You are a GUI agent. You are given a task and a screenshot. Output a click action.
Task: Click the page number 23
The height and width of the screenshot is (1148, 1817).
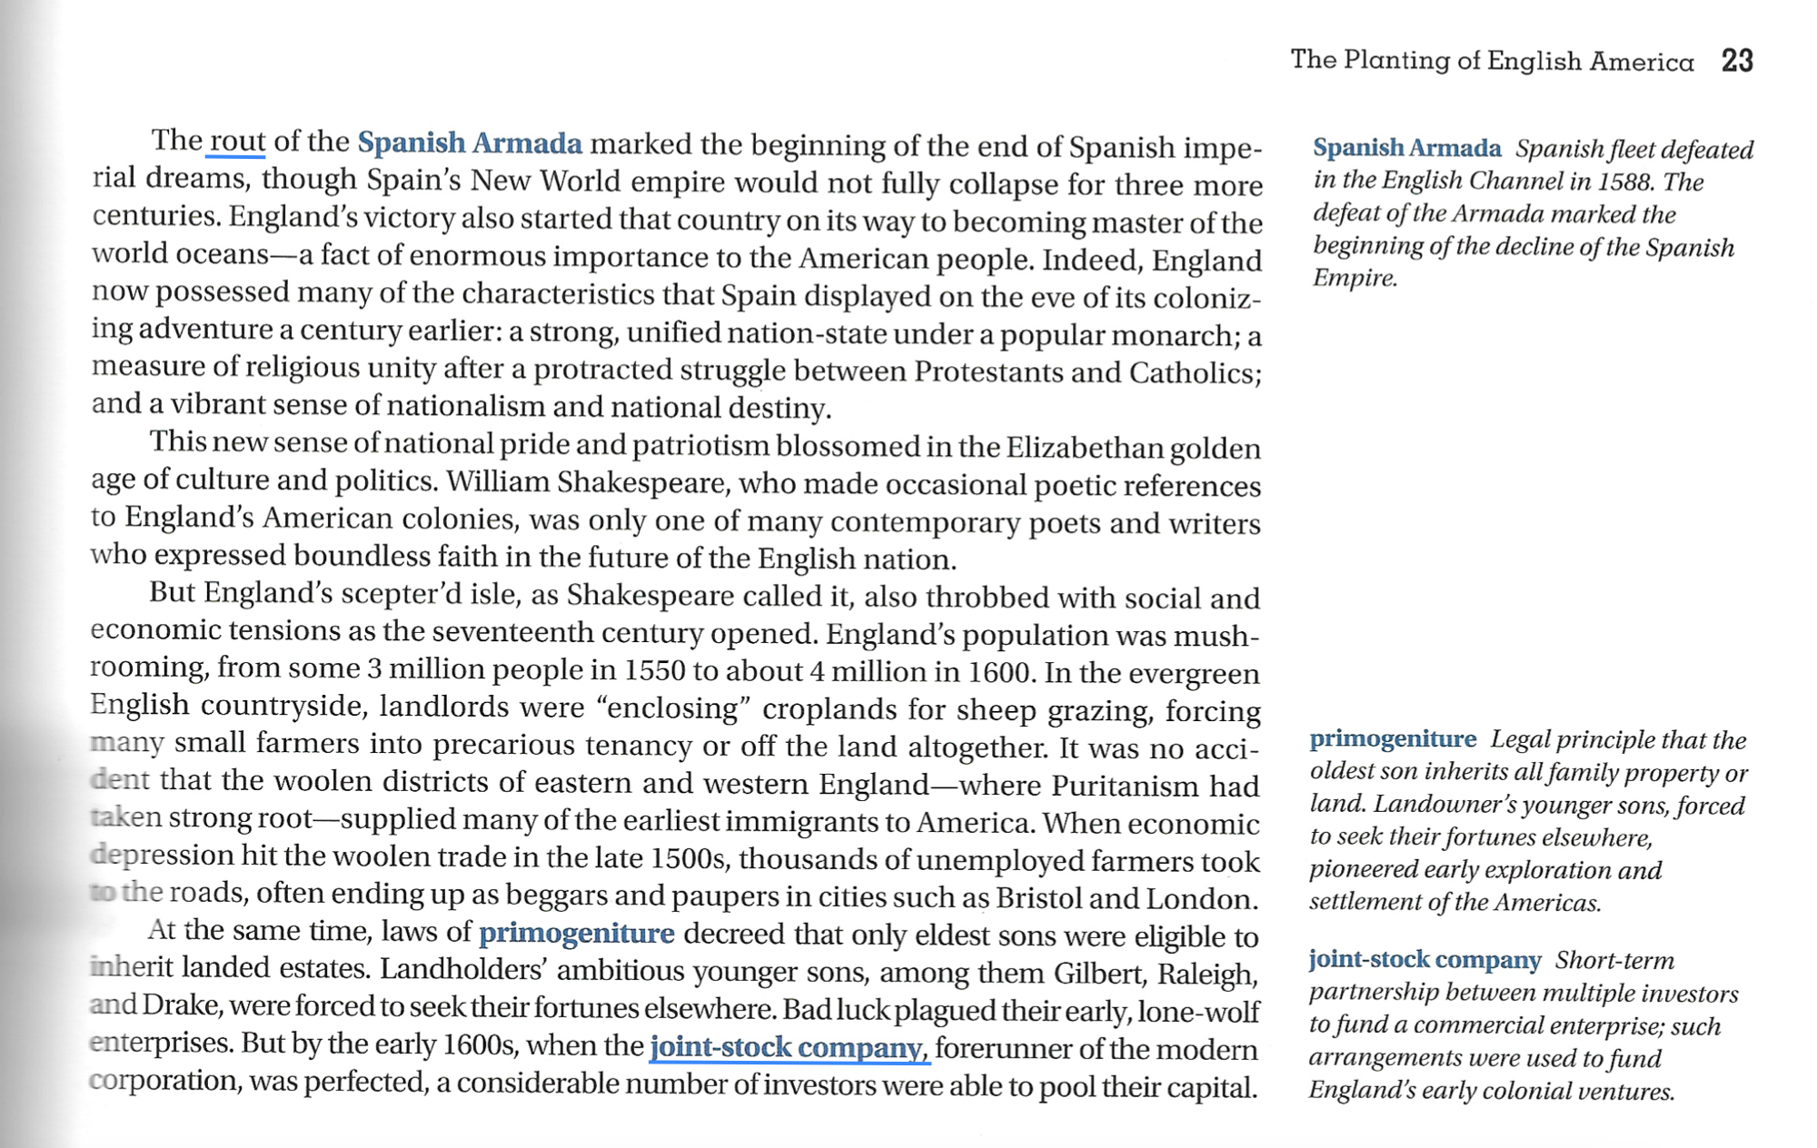coord(1736,61)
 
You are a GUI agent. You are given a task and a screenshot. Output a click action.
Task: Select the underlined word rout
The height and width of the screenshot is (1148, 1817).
coord(236,142)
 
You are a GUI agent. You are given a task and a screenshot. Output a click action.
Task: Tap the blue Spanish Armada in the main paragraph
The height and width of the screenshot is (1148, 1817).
coord(469,143)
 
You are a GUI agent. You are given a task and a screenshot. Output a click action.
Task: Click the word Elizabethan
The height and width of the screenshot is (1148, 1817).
coord(1082,448)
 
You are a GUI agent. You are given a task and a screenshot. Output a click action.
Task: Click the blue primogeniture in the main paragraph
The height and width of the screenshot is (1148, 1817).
coord(576,933)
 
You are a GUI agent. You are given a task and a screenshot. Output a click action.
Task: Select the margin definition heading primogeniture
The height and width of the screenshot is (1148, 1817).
coord(1392,739)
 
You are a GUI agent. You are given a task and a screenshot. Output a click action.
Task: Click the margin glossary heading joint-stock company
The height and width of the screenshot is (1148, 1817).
coord(1424,960)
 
